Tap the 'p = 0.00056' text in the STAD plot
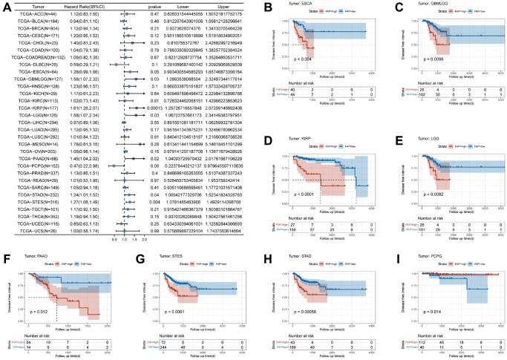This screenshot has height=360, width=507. pyautogui.click(x=292, y=302)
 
